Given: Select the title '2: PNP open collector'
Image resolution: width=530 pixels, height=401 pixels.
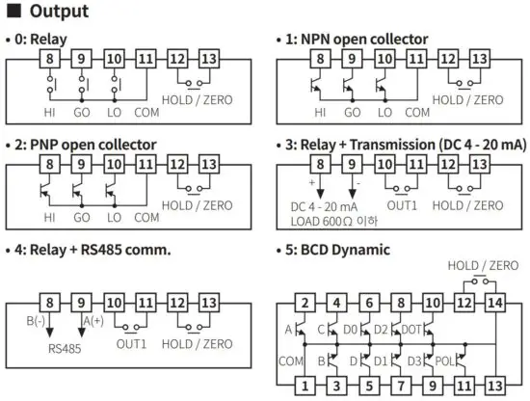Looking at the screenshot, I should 81,145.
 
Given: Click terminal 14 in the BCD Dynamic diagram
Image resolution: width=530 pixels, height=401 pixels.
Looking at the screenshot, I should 494,304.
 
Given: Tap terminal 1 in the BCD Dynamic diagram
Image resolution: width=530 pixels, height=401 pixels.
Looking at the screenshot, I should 304,385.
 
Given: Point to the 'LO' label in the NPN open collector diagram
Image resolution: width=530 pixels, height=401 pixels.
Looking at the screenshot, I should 385,112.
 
